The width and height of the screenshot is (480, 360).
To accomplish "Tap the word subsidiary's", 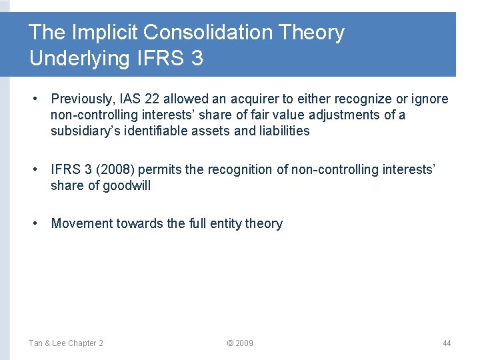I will pos(84,131).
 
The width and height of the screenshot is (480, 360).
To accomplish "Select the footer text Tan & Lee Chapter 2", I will pos(65,343).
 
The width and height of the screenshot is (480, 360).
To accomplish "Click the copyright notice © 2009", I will pos(239,343).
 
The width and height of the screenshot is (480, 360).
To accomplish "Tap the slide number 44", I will pos(447,343).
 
